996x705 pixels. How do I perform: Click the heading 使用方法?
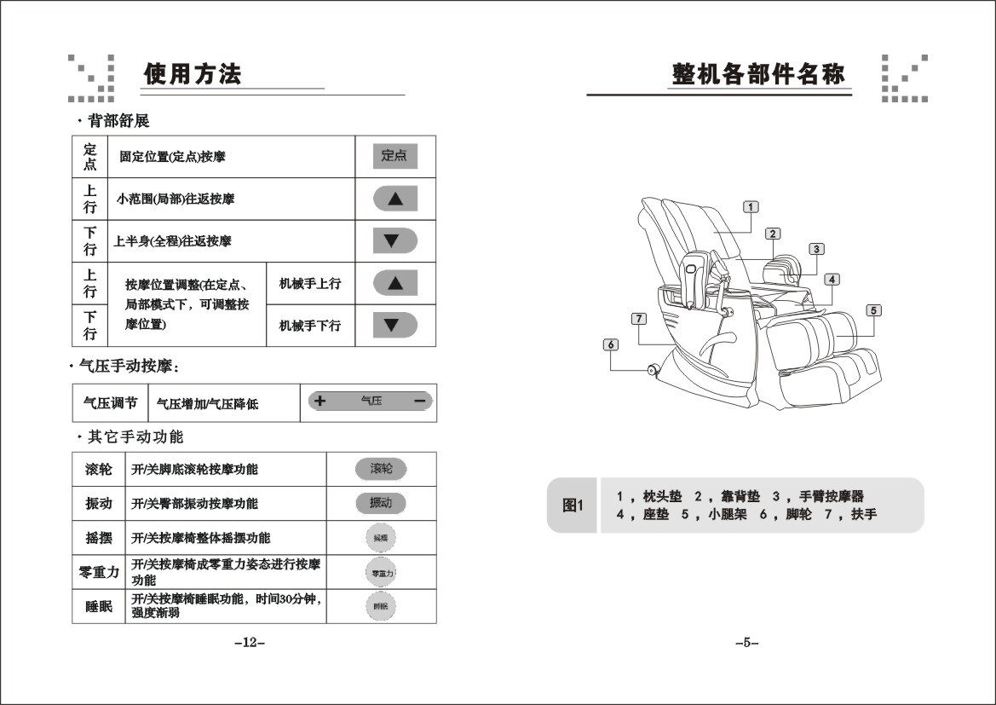coord(193,74)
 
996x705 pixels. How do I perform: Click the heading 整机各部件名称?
coord(758,74)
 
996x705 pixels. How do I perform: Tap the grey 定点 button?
coord(394,156)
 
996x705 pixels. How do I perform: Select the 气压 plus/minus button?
coord(371,402)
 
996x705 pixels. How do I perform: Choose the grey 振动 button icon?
coord(381,503)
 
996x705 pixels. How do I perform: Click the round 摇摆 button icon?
coord(380,538)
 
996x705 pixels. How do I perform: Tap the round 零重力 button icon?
coord(380,573)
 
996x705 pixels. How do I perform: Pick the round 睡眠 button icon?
coord(380,606)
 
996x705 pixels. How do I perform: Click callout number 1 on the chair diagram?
coord(751,206)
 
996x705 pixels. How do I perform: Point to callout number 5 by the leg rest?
coord(874,310)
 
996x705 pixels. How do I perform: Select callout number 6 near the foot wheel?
coord(611,344)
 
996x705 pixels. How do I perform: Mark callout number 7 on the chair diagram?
coord(638,319)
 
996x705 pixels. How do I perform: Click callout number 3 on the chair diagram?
coord(816,249)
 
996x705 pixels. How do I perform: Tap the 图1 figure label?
coord(573,506)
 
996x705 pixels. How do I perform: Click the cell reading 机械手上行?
coord(310,283)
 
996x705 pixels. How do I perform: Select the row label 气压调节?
coord(110,402)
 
